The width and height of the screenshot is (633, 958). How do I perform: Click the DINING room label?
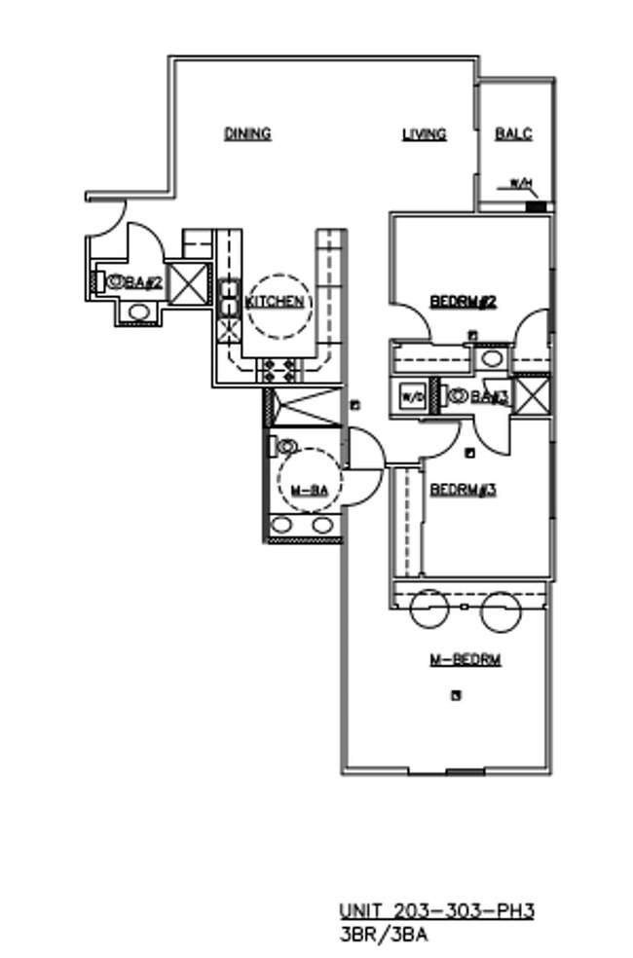(x=247, y=133)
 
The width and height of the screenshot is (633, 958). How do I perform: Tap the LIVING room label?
(x=425, y=134)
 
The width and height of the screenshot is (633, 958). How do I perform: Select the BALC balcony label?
(x=513, y=134)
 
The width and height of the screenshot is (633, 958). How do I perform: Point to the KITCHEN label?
(x=275, y=302)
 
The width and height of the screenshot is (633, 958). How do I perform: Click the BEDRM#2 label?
(x=465, y=303)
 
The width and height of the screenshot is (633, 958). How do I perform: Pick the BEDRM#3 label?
(x=464, y=490)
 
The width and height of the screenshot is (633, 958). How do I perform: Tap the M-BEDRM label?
(x=465, y=660)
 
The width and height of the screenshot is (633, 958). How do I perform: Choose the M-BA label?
(x=309, y=491)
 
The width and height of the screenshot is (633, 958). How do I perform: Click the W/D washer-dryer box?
(x=410, y=396)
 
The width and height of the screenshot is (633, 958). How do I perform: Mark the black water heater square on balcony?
(x=533, y=205)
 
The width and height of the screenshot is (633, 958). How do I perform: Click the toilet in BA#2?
(x=113, y=281)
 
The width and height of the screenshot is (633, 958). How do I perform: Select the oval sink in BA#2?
(x=138, y=313)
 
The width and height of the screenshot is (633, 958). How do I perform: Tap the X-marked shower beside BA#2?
(x=187, y=282)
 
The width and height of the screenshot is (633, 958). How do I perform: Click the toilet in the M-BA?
(x=285, y=447)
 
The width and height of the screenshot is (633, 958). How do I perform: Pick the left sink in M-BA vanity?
(x=282, y=526)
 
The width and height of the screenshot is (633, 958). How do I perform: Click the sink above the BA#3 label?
(x=493, y=358)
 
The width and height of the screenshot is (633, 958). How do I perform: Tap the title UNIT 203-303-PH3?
(x=436, y=911)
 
